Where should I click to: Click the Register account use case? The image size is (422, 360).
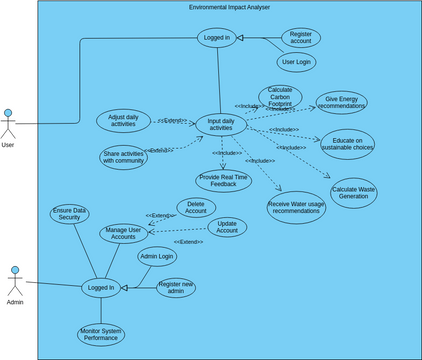point(300,38)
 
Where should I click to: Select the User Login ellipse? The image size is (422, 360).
point(297,61)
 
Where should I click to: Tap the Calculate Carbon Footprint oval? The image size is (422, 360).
point(280,97)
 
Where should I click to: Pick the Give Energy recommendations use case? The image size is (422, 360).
point(341,103)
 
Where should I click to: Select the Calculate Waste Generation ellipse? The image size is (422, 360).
point(353,193)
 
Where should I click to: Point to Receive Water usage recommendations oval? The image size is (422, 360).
point(297,207)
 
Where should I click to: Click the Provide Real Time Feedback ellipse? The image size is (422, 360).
point(224,181)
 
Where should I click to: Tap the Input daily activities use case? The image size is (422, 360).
point(221,124)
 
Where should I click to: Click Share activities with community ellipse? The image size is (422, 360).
point(123,157)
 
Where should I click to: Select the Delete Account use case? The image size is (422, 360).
point(196,207)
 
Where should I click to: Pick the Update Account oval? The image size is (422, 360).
point(226,227)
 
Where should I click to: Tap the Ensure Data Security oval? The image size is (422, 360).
point(69,214)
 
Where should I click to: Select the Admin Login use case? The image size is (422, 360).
point(157,257)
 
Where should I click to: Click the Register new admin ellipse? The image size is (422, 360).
point(176,288)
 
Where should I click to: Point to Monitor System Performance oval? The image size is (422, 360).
point(100,333)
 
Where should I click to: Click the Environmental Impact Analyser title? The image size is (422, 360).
point(229,7)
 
